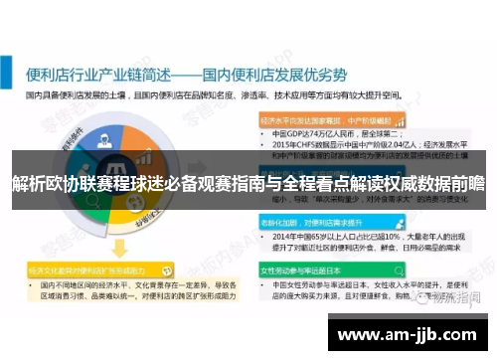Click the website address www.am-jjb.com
409,333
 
